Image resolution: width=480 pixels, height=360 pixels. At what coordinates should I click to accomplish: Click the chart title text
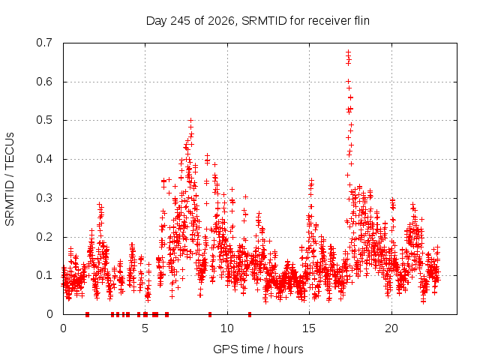click(x=258, y=21)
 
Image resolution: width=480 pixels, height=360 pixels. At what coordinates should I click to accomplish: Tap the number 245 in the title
click(x=181, y=21)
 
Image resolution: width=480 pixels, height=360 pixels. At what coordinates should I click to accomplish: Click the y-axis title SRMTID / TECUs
click(x=10, y=179)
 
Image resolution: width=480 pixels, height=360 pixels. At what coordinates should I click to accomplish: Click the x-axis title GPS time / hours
click(x=258, y=349)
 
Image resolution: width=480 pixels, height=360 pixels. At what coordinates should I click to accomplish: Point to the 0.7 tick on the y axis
click(x=44, y=43)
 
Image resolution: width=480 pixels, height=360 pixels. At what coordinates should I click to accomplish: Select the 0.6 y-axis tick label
click(x=44, y=82)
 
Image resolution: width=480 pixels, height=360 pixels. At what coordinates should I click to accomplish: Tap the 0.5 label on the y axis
click(x=44, y=120)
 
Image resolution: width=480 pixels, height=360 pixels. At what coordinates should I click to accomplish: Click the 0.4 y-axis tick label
click(x=44, y=159)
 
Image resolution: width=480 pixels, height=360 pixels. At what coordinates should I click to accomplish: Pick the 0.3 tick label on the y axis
click(x=44, y=198)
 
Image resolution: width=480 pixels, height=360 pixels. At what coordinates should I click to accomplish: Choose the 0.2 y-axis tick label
click(x=44, y=237)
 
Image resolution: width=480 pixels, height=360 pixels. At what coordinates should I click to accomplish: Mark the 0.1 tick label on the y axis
click(x=44, y=275)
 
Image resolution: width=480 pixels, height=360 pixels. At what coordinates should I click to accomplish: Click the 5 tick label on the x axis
click(x=145, y=328)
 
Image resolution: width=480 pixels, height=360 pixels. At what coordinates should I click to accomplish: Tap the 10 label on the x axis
click(x=227, y=328)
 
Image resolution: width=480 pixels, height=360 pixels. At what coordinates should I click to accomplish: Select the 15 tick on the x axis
click(x=309, y=328)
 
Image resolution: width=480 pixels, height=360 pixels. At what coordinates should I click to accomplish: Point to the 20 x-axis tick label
click(x=391, y=328)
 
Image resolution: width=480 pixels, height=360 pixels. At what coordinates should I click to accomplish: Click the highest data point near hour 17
click(x=348, y=52)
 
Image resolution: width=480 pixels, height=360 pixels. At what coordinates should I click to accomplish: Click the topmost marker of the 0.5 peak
click(x=190, y=120)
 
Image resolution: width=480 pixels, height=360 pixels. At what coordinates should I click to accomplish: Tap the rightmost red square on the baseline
click(x=250, y=314)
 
